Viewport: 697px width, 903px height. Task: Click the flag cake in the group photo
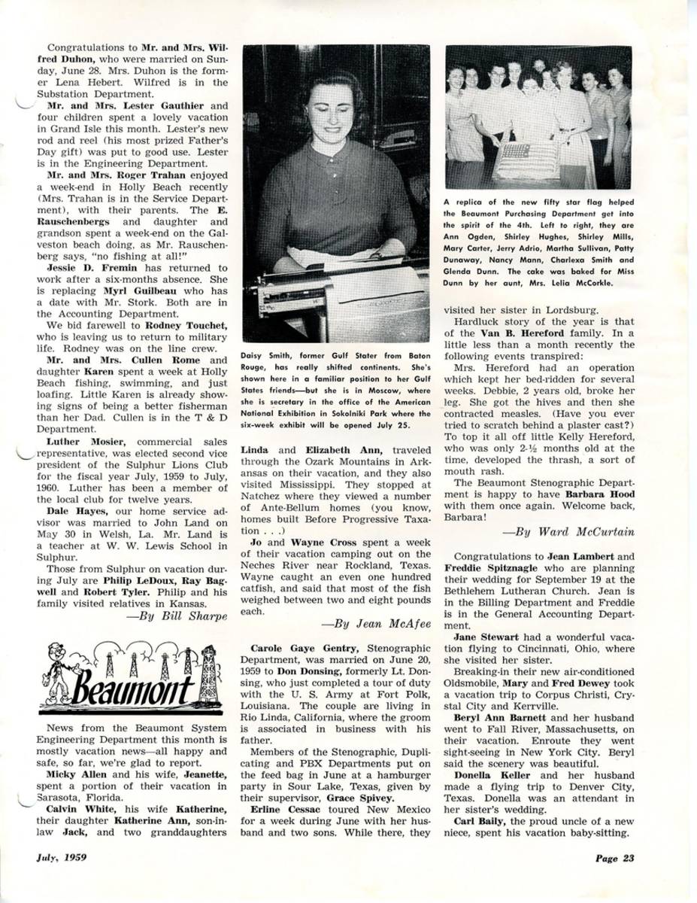[525, 160]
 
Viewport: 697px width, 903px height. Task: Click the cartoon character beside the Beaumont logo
[57, 670]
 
